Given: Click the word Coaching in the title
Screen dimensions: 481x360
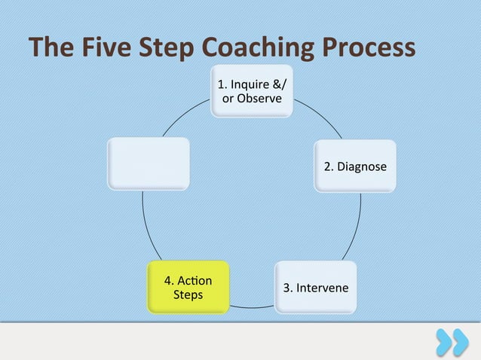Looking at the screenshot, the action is tap(256, 47).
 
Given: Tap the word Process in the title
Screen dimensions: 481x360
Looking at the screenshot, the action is tap(370, 47).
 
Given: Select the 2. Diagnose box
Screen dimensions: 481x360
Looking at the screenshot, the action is tap(355, 166).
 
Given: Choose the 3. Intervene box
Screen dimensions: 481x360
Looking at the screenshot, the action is tap(316, 288).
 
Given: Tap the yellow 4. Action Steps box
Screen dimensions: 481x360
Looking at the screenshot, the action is tap(188, 287).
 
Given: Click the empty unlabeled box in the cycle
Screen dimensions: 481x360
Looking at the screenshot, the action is tap(148, 163).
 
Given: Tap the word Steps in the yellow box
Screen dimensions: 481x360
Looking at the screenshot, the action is tap(188, 294).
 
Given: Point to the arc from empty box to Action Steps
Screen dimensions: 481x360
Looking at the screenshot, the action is tap(145, 226).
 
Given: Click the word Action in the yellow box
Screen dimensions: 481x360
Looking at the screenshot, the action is tap(194, 281).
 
